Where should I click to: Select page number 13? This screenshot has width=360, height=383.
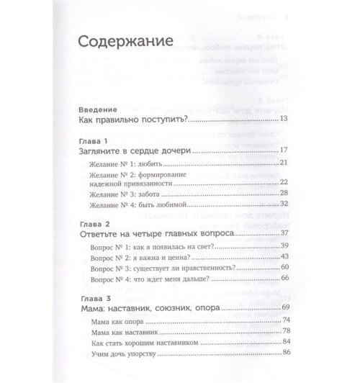(283, 120)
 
